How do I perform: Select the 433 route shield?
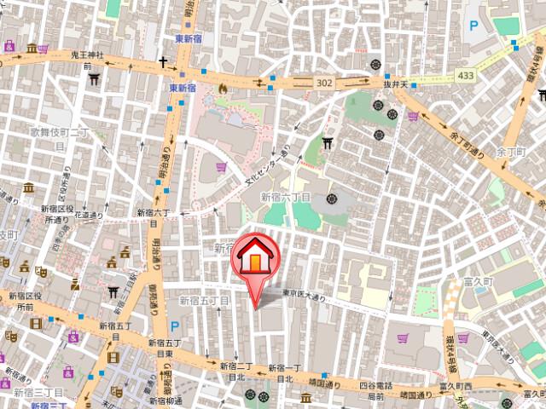465,76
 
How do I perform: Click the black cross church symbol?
161,62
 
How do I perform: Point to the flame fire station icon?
223,87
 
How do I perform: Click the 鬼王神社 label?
86,55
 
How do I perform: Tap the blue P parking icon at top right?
473,26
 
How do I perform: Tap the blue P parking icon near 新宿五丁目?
175,325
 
